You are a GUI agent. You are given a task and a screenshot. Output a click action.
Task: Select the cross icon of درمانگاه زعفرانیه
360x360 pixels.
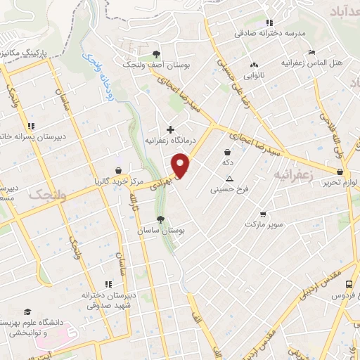(170, 129)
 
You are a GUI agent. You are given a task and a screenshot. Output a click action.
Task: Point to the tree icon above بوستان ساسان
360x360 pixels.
(161, 219)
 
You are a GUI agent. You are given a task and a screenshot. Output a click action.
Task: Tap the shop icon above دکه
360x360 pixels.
(227, 151)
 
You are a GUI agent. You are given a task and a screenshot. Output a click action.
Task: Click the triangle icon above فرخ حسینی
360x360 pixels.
(229, 179)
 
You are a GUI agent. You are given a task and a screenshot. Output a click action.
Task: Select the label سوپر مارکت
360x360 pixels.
(264, 224)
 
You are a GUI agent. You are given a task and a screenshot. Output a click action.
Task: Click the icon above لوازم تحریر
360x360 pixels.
(340, 172)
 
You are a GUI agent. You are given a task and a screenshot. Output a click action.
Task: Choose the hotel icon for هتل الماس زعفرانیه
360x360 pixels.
(311, 53)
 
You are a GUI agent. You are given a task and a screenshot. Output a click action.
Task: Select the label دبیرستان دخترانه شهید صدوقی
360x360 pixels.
(91, 300)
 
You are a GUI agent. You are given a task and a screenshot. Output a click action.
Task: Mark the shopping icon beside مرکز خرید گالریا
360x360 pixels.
(118, 169)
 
